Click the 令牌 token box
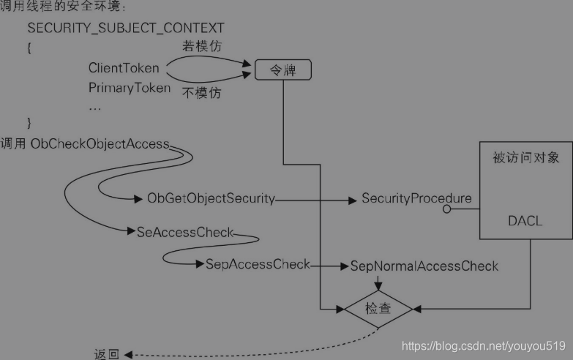(x=282, y=70)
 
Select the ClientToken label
(x=124, y=68)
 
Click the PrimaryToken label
(x=130, y=89)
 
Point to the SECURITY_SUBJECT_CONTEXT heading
(x=126, y=29)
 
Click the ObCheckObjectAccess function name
(x=100, y=144)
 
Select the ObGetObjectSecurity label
(x=211, y=198)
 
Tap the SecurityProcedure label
(x=416, y=198)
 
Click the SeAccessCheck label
(x=185, y=233)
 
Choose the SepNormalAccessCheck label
(x=424, y=265)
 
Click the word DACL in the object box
(x=525, y=220)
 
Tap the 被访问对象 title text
(x=525, y=158)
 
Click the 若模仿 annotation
(x=202, y=46)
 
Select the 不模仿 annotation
(x=201, y=93)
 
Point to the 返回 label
(x=107, y=354)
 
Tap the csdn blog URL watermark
(x=484, y=345)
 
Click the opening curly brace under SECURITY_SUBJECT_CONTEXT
(x=30, y=47)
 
